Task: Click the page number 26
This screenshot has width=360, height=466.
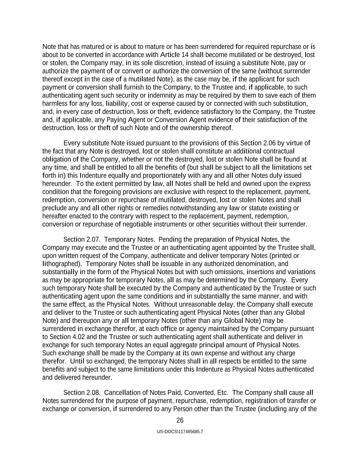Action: tap(180, 420)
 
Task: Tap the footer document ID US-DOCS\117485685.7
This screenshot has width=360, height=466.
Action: tap(180, 432)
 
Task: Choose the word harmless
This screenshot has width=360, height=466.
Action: tap(55, 103)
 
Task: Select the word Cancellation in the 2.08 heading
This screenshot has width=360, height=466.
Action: tap(124, 393)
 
